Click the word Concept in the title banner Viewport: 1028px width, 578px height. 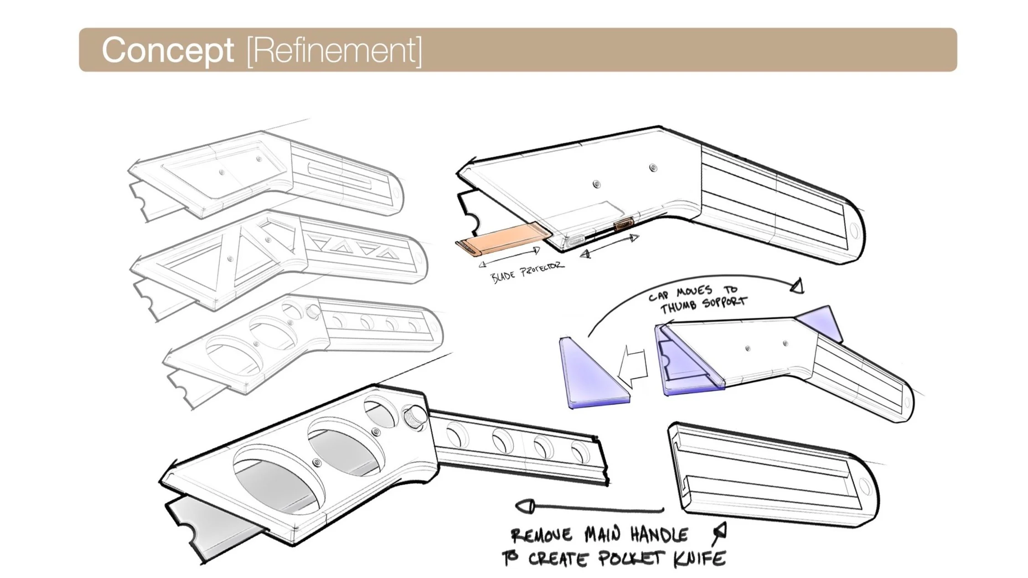pos(167,50)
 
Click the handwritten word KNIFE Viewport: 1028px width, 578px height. pos(700,558)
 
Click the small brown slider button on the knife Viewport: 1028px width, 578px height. pos(623,225)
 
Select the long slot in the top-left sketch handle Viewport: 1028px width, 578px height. pos(340,175)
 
